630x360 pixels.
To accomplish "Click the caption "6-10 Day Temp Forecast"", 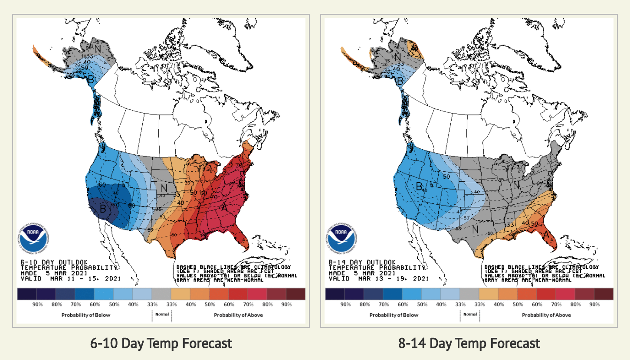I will [161, 344].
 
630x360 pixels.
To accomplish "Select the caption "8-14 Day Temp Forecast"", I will [469, 344].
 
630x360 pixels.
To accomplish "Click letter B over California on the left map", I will [103, 209].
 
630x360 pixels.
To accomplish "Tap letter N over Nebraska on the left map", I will [164, 188].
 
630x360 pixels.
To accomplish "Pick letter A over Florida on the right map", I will [547, 235].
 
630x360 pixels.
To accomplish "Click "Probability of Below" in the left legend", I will [86, 315].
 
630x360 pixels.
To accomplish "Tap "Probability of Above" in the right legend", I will [546, 315].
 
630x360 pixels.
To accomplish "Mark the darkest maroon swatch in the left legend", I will [295, 294].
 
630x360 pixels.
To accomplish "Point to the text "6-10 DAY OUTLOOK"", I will [54, 262].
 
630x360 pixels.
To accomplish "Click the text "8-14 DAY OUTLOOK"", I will [362, 262].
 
